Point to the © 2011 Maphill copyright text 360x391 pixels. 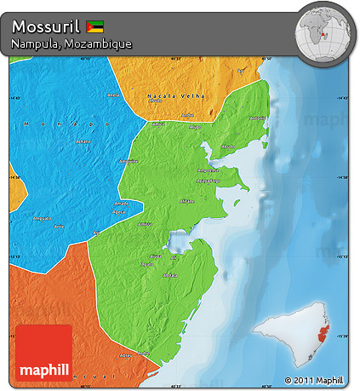(x=314, y=380)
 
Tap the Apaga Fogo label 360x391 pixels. (x=208, y=181)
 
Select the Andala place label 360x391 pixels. (x=170, y=275)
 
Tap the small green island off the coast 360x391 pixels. (x=237, y=202)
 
